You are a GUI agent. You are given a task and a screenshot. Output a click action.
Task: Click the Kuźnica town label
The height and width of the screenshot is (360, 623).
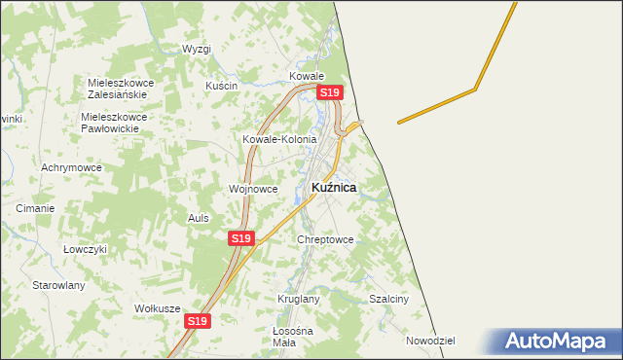333,187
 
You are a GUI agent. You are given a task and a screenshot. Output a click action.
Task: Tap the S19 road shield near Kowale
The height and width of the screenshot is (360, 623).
330,92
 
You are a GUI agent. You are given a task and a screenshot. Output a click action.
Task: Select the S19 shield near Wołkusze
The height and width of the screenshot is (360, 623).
198,321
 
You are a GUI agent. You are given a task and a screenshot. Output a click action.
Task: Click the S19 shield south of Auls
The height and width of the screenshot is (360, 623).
241,238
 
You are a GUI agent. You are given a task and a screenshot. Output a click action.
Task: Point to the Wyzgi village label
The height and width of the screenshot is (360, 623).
197,49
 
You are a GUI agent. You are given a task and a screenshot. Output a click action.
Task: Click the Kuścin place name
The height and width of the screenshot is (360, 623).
221,86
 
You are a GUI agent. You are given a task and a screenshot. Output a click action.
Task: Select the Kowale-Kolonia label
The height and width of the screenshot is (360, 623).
279,139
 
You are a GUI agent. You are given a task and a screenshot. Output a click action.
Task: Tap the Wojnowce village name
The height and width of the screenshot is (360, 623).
253,189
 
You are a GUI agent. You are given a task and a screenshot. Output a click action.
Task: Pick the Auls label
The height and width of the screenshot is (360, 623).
199,218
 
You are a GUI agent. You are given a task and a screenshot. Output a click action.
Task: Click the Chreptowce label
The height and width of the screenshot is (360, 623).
326,239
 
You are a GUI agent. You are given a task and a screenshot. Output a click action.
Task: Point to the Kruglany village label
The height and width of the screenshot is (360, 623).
298,299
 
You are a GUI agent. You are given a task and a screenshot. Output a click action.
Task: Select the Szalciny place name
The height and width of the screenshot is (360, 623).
388,299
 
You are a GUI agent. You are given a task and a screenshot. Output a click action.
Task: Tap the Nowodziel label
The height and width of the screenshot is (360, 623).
431,341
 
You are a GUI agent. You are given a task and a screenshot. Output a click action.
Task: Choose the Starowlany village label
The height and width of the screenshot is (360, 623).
59,285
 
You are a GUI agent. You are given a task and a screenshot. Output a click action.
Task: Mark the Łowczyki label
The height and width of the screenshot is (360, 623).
84,248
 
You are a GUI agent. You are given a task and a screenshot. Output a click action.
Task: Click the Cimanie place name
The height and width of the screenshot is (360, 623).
35,208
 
